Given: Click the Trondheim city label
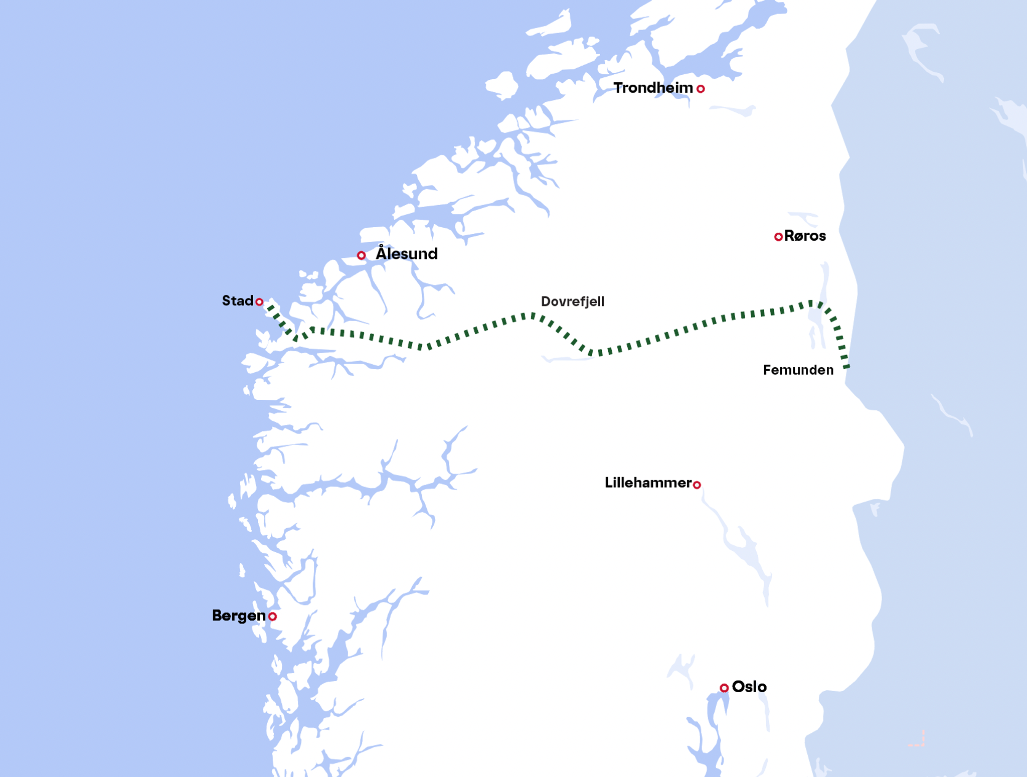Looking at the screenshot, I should click(x=653, y=88).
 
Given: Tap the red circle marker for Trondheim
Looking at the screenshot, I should click(x=701, y=89).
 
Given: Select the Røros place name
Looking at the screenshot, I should click(x=805, y=236).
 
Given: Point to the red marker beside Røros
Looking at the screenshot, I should click(x=778, y=237).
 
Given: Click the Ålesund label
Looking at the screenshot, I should click(x=407, y=254).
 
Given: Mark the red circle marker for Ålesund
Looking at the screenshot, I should click(x=361, y=255).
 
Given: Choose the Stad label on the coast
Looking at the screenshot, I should click(x=238, y=301).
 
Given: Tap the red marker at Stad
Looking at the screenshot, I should click(x=259, y=302).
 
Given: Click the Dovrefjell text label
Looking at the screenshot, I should click(x=572, y=301).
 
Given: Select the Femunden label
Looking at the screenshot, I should click(x=798, y=370).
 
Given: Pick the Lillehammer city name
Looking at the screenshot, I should click(x=648, y=483).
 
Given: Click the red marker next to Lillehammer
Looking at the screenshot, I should click(x=697, y=485).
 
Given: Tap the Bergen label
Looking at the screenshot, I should click(x=239, y=615).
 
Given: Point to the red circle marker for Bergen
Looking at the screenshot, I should click(x=272, y=616).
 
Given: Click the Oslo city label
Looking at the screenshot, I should click(x=749, y=687).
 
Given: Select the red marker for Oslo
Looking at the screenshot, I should click(x=724, y=688).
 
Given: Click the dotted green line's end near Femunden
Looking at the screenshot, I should click(x=846, y=367).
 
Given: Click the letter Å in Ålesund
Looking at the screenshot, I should click(x=382, y=252).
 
